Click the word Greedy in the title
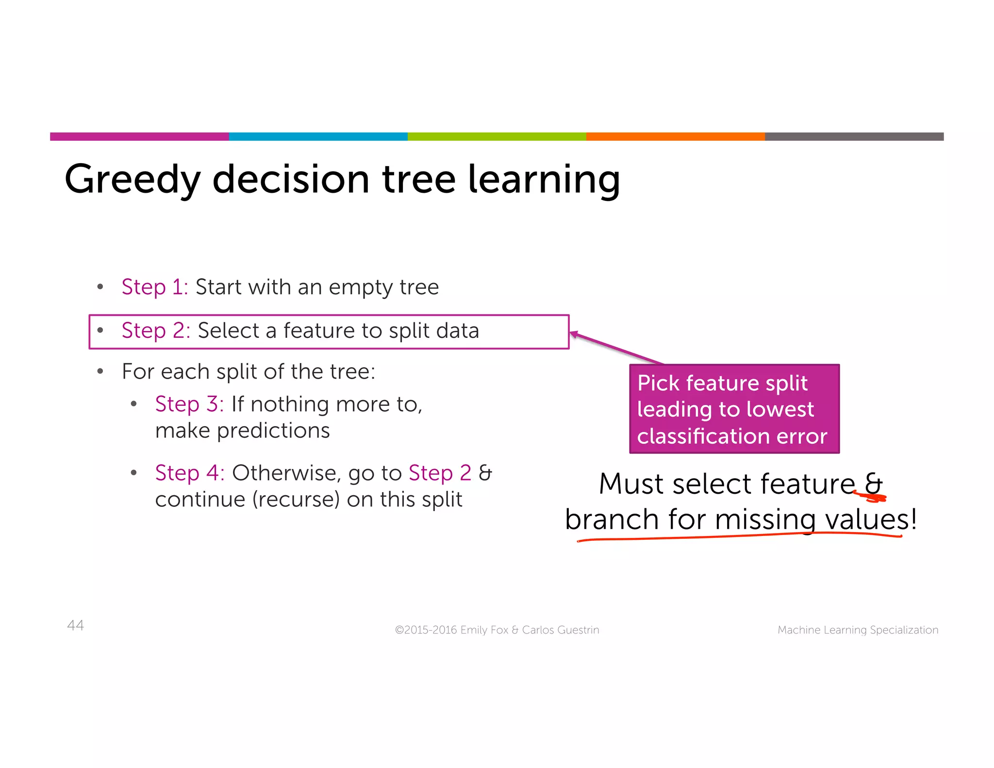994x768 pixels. click(132, 180)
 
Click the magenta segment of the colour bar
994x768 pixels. click(139, 136)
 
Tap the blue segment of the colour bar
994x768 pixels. click(318, 136)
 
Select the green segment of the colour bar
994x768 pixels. click(497, 136)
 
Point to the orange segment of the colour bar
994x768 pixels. click(675, 136)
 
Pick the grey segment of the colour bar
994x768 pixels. click(854, 136)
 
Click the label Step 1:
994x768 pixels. click(154, 287)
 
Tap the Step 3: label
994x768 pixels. click(189, 404)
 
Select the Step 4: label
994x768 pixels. click(190, 473)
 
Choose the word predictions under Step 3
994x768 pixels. click(273, 431)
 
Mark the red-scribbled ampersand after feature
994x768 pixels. click(874, 485)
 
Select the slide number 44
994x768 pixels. click(75, 625)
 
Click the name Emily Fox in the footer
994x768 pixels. click(484, 630)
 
